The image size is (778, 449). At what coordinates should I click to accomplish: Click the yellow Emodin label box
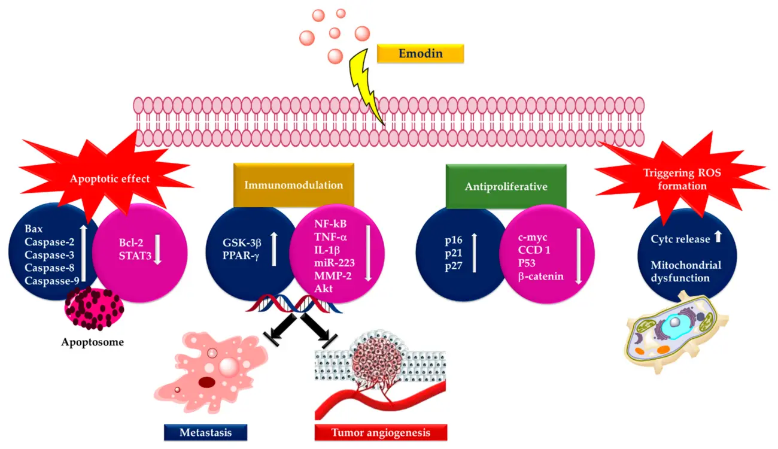coord(420,54)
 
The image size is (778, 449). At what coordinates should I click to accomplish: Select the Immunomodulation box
coord(293,185)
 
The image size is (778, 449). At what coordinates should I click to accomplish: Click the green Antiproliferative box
coord(506,187)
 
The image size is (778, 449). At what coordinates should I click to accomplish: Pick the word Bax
coord(34,229)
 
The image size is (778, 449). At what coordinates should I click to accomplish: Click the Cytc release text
coord(678,239)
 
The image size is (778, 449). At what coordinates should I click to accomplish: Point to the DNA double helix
coord(293,305)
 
